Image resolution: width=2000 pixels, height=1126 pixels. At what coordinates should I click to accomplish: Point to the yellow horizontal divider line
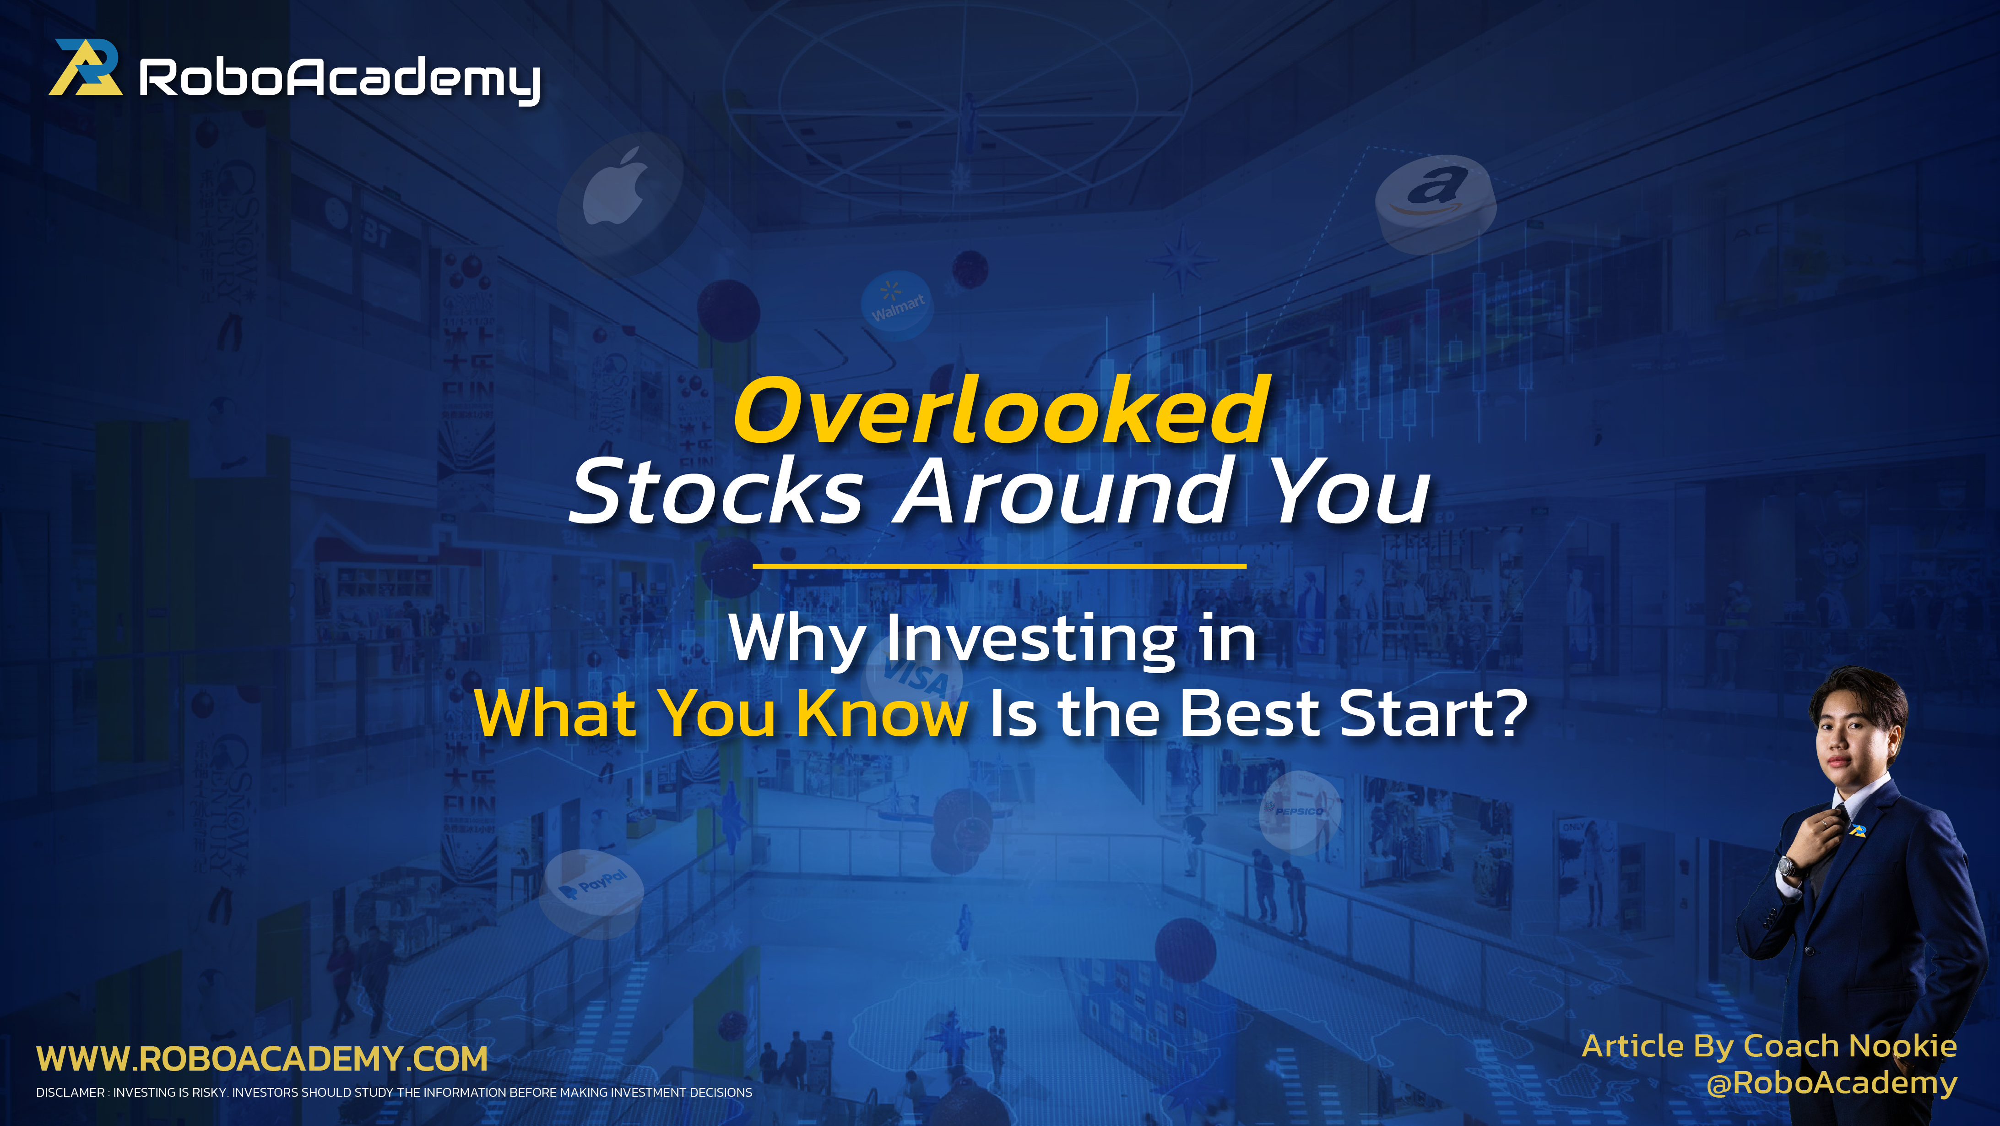point(999,566)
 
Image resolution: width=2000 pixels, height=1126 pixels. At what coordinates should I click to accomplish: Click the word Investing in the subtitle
point(1033,639)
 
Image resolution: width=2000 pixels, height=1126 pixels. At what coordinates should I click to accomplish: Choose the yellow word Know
point(882,713)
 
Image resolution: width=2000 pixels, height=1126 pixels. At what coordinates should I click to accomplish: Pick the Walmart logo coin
point(897,302)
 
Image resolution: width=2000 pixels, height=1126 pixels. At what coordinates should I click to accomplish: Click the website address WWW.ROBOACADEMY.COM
point(262,1059)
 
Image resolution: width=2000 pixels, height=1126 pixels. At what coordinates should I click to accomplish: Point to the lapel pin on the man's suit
point(1857,831)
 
